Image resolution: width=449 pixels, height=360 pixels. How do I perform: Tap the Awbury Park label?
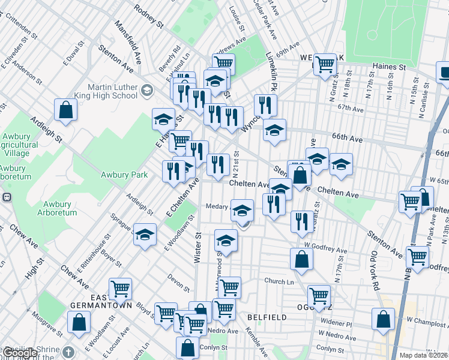coord(124,175)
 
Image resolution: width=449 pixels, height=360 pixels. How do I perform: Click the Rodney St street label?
coord(149,16)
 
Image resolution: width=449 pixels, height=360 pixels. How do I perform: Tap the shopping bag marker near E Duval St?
coord(66,110)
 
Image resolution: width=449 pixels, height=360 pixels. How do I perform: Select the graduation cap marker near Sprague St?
coord(145,235)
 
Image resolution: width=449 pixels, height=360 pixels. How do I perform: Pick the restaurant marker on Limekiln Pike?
coord(265,105)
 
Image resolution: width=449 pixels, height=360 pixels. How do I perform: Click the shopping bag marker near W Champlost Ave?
coord(383,319)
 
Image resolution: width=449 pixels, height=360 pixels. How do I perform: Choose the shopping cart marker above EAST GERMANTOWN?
coord(120,289)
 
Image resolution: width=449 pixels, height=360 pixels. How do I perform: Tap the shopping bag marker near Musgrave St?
coord(79,322)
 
